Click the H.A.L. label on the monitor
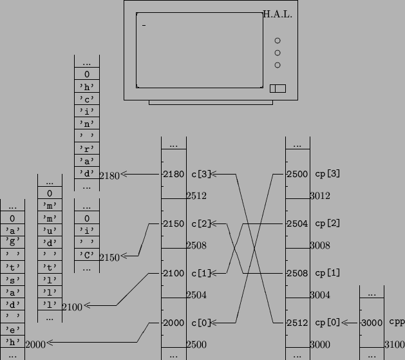[278, 14]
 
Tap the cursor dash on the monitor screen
[144, 25]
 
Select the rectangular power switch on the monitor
[278, 88]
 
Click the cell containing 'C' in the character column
[87, 255]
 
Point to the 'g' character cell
[12, 242]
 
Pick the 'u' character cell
[50, 230]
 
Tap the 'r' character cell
[87, 148]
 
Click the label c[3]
[201, 174]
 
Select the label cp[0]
[327, 323]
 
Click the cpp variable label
[397, 322]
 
